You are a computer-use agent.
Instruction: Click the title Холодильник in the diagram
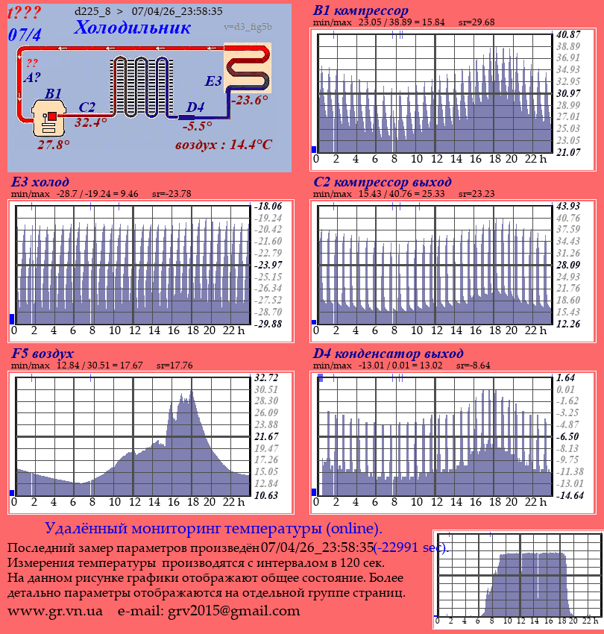132,28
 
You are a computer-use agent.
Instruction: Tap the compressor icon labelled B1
49,119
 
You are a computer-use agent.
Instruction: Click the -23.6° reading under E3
249,100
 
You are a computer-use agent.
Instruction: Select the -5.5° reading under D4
197,126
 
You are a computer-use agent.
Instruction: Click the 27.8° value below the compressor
54,145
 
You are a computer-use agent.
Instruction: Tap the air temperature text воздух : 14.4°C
224,144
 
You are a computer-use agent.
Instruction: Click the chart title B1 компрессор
361,11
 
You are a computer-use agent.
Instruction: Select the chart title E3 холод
40,182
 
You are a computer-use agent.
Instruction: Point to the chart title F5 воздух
43,353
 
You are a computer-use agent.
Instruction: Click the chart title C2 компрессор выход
383,182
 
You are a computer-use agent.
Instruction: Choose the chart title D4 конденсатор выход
388,353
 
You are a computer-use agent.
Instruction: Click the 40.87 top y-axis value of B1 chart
568,34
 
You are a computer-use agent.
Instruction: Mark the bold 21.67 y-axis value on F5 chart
266,436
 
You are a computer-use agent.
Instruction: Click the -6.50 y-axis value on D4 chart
568,436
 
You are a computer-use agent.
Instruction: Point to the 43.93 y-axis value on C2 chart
568,206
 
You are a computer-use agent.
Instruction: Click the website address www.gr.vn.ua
55,611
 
